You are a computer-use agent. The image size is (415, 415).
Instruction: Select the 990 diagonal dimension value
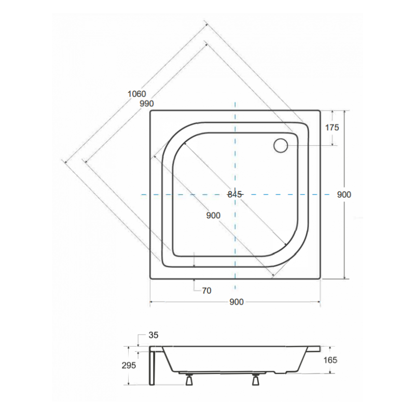click(x=147, y=104)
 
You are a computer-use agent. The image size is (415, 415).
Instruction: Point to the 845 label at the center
click(x=235, y=195)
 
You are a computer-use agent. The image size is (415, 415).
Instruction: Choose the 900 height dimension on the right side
click(x=344, y=195)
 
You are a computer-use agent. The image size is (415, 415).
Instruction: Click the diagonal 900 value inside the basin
click(x=213, y=215)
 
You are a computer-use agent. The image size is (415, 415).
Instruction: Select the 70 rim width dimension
click(x=206, y=290)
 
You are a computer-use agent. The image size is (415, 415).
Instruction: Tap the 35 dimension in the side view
click(x=153, y=335)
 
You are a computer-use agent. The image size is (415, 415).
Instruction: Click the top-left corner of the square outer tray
click(x=150, y=110)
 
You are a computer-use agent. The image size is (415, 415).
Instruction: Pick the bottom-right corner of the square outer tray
click(x=320, y=279)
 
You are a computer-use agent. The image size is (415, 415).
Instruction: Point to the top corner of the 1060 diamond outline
click(x=205, y=22)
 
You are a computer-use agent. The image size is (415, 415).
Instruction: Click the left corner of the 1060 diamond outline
click(x=64, y=162)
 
